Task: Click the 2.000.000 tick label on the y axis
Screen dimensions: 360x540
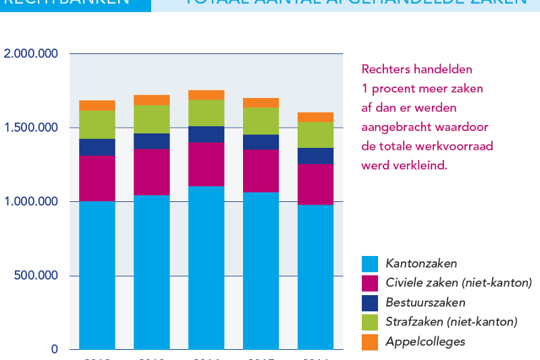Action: pyautogui.click(x=31, y=54)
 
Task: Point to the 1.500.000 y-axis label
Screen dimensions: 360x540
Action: pyautogui.click(x=31, y=128)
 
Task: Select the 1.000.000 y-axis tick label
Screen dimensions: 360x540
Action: pyautogui.click(x=31, y=202)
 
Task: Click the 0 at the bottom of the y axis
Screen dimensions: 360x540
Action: pyautogui.click(x=55, y=349)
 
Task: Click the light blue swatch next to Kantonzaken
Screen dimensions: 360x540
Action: pyautogui.click(x=370, y=263)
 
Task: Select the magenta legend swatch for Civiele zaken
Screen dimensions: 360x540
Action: pyautogui.click(x=370, y=283)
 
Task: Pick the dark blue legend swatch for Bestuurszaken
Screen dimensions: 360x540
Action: pyautogui.click(x=370, y=303)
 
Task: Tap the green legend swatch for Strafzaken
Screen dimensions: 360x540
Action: pyautogui.click(x=370, y=322)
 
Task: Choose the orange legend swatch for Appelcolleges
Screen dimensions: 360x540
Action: pyautogui.click(x=370, y=342)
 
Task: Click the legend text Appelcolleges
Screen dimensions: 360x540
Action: pyautogui.click(x=425, y=342)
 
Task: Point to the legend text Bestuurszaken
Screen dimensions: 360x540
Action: pyautogui.click(x=425, y=303)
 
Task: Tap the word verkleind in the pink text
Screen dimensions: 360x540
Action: pyautogui.click(x=419, y=165)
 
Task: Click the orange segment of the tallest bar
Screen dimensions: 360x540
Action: pyautogui.click(x=207, y=95)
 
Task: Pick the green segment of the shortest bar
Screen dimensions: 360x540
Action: pyautogui.click(x=315, y=135)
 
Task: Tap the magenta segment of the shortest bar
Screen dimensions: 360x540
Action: pyautogui.click(x=315, y=184)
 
